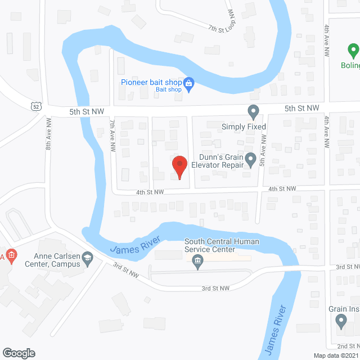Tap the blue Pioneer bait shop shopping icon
tap(189, 84)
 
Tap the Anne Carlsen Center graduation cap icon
tap(87, 259)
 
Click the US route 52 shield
tap(36, 106)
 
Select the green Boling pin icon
tap(354, 52)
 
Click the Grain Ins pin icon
tap(341, 321)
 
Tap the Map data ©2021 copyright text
tap(334, 355)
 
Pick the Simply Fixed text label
tap(243, 127)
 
